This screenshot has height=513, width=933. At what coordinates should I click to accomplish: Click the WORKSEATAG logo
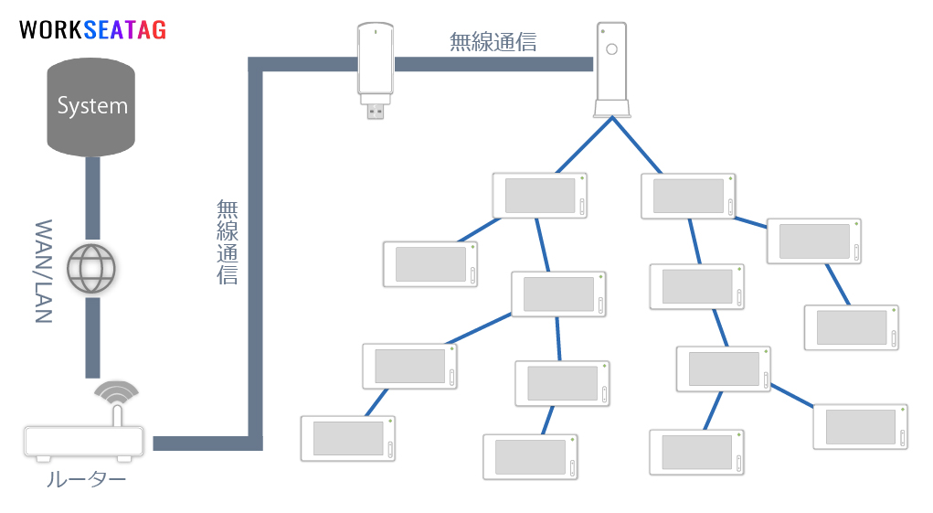pos(92,30)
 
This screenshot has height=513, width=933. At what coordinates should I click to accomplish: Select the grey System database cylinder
pos(91,106)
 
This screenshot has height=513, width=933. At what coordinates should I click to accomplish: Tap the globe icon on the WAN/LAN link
pos(92,268)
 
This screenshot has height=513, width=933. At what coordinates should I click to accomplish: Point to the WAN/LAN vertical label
pos(44,272)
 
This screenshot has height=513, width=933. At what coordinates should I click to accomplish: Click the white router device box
pos(84,443)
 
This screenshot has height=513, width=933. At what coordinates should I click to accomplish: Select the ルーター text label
pos(86,479)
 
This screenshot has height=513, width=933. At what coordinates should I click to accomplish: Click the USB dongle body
pos(376,59)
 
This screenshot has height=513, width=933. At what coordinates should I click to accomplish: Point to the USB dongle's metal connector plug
pos(376,110)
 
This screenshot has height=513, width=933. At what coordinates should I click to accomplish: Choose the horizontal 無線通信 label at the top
pos(493,41)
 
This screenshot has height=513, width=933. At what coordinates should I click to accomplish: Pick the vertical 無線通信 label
pos(227,241)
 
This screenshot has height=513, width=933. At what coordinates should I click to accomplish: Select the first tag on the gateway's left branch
pos(539,195)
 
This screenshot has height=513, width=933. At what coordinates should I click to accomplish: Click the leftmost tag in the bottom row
pos(348,438)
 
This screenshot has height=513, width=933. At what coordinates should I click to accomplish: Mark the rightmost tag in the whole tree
pos(860,426)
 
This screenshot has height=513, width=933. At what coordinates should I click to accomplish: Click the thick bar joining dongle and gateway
pos(493,63)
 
